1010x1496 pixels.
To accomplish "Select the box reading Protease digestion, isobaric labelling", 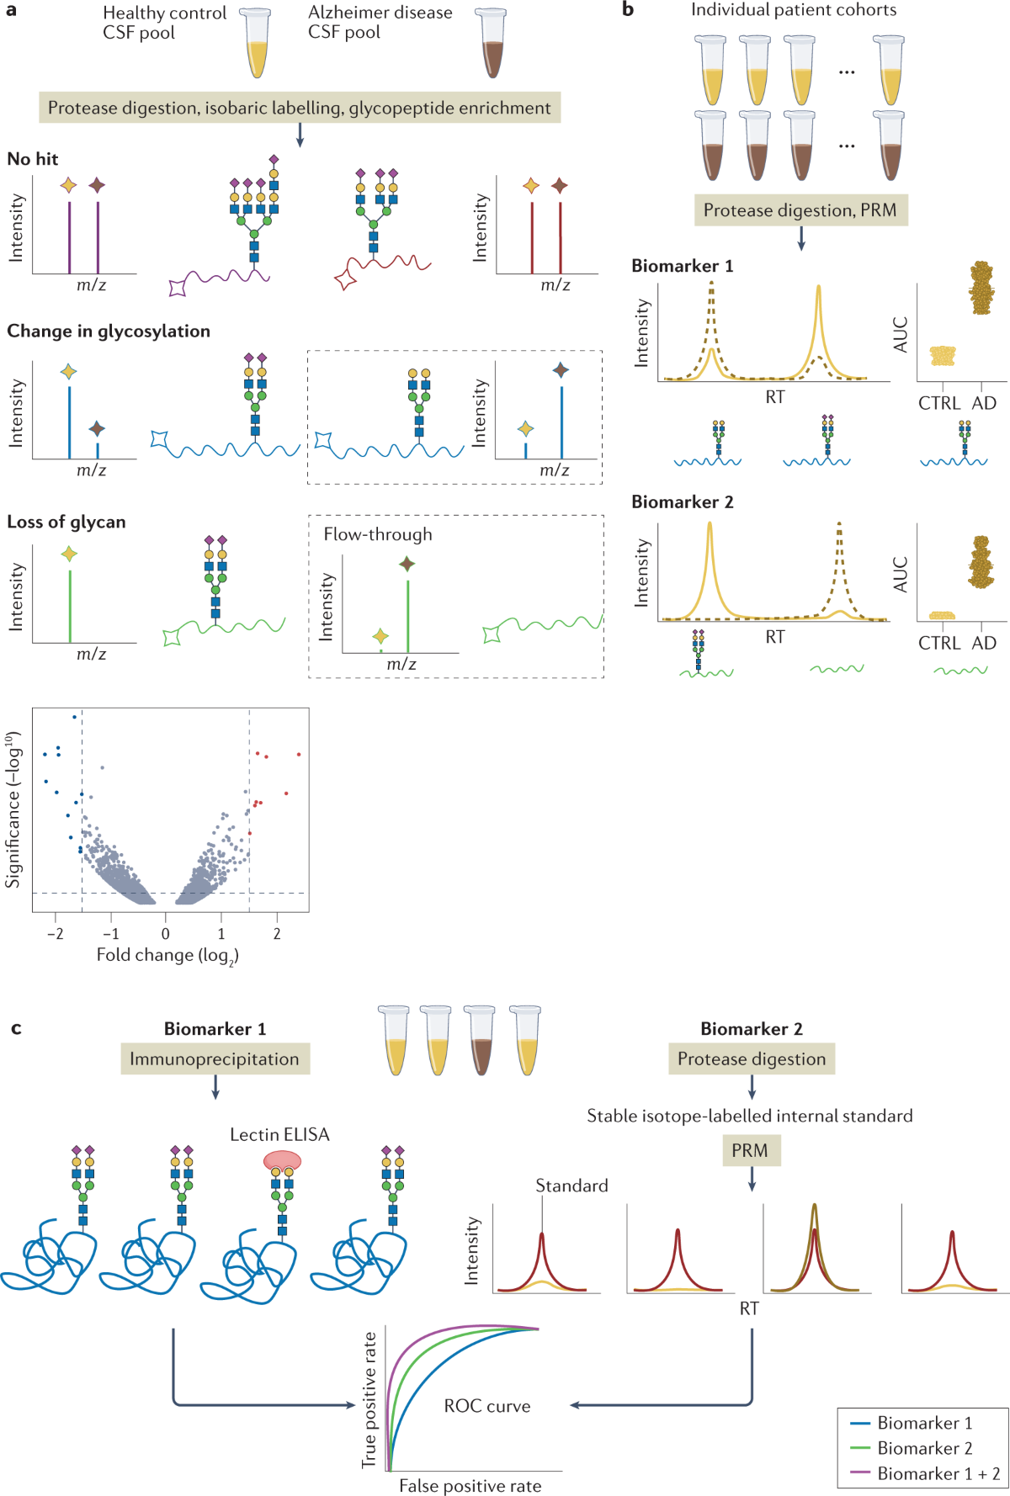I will coord(300,108).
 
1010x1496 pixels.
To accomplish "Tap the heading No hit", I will coord(33,159).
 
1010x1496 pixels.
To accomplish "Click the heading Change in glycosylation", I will coord(109,332).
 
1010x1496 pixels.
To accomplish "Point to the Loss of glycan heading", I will coord(66,522).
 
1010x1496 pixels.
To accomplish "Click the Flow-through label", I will coord(378,534).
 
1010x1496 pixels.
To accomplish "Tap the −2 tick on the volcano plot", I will coord(56,933).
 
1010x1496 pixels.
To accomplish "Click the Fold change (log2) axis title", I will coord(167,955).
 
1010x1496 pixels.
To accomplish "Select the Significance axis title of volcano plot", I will coord(13,810).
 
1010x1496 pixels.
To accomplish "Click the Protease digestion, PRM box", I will coord(800,210).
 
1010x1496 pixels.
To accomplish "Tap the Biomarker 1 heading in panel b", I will coord(683,266).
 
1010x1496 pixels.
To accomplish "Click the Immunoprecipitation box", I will coord(215,1059).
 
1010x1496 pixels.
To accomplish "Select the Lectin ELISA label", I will coord(279,1134).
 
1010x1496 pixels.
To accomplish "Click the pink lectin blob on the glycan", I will coord(282,1161).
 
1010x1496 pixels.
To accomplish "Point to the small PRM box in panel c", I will coord(750,1150).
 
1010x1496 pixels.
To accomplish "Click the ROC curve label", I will coord(487,1406).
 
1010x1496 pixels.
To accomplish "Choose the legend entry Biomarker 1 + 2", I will coord(938,1473).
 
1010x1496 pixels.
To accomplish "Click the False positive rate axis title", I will coord(470,1486).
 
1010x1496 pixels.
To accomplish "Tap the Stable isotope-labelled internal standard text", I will coord(750,1116).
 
